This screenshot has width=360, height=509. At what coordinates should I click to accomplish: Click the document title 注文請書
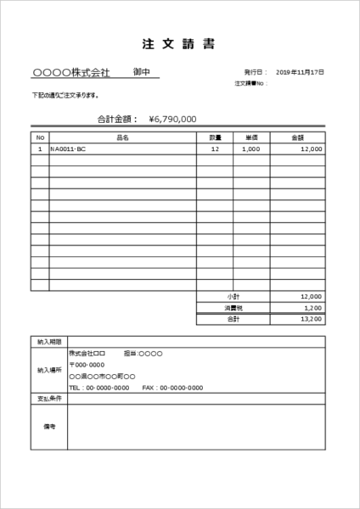pos(179,44)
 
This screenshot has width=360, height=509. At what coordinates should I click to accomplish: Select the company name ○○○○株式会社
pos(70,73)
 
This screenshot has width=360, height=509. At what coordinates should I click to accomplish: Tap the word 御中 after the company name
pos(142,73)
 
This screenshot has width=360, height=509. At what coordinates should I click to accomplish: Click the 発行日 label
pos(255,73)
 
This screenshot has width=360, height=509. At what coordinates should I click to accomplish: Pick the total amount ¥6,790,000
pos(172,119)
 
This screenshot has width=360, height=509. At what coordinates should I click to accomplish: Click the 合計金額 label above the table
pos(117,119)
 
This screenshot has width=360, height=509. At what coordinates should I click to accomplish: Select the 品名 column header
pos(122,137)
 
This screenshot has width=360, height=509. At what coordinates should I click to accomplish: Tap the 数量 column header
pos(215,137)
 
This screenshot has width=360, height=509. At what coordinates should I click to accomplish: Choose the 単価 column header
pos(252,137)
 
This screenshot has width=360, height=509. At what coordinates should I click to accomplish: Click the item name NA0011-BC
pos(69,148)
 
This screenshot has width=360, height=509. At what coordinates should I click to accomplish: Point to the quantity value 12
pos(215,148)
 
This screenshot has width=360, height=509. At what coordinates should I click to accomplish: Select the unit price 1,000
pos(250,148)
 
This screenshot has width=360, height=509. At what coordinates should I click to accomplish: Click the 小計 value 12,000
pos(311,296)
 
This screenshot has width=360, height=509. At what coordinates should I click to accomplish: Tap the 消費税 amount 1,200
pos(313,308)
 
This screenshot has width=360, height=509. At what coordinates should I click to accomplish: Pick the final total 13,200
pos(312,320)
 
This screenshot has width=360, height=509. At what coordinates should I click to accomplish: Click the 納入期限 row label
pos(49,341)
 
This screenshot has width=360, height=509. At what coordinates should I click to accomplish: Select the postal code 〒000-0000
pos(87,364)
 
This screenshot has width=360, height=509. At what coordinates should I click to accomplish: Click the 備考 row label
pos(49,426)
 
